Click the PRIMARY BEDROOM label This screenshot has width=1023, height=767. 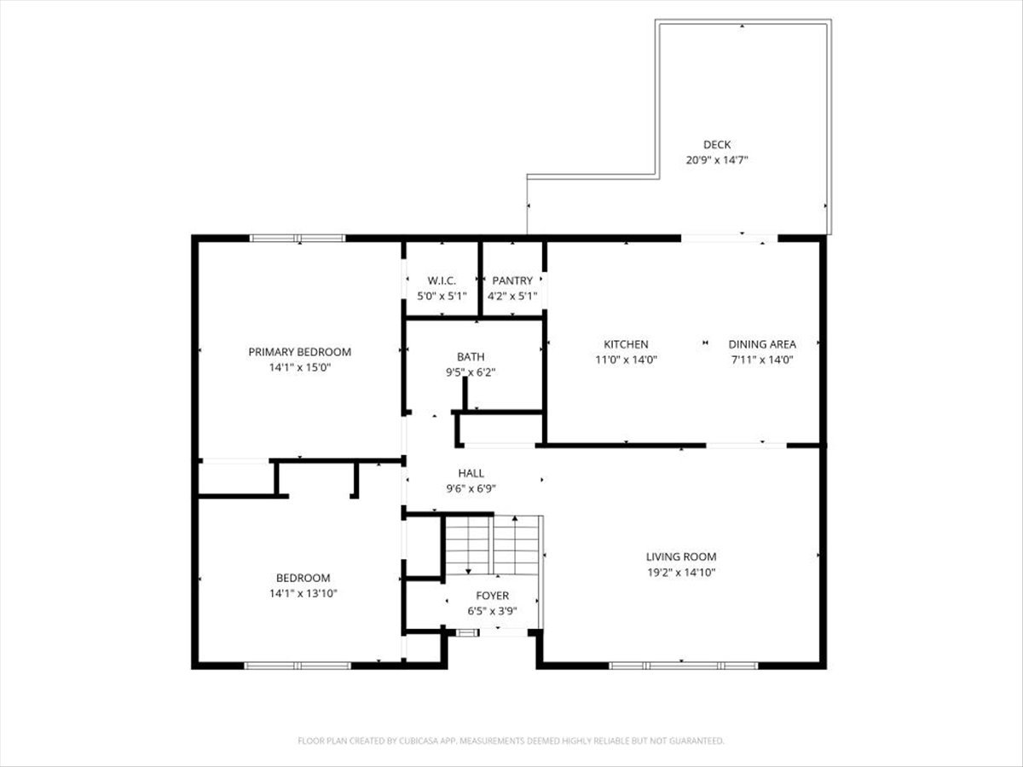[x=299, y=352]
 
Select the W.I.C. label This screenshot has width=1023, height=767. [x=442, y=280]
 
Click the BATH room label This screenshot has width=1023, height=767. [x=471, y=356]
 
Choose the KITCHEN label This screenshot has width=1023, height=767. [x=626, y=344]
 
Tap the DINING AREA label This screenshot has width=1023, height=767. [x=762, y=344]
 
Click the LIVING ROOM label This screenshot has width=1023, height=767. [x=680, y=557]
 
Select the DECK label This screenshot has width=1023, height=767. [x=717, y=145]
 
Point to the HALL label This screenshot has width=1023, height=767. [x=471, y=473]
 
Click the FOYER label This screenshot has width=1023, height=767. [x=493, y=596]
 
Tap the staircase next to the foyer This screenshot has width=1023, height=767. [x=493, y=545]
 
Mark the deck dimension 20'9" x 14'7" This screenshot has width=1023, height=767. [x=717, y=160]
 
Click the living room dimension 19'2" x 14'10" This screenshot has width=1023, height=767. [x=680, y=573]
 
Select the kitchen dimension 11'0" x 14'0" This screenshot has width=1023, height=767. [x=626, y=360]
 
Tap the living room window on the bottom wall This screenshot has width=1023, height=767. [x=684, y=665]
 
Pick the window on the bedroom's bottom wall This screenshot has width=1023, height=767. [x=298, y=665]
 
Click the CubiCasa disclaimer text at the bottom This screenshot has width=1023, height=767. [x=511, y=741]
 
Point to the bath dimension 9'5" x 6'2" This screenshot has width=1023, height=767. [x=471, y=372]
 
